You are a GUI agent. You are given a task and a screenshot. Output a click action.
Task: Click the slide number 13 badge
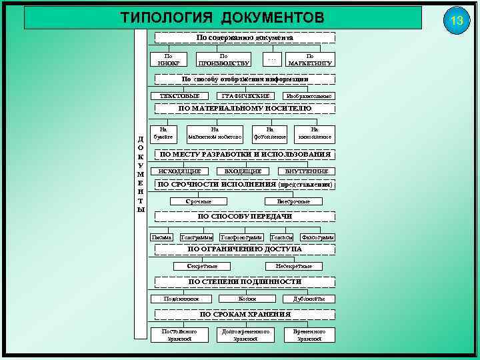coord(457,21)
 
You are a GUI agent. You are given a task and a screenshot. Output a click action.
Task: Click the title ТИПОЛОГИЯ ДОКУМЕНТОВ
coord(223,17)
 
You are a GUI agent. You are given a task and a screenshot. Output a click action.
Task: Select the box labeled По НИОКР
coord(169,59)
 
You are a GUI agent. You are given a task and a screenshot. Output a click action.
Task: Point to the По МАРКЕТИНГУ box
coord(310,59)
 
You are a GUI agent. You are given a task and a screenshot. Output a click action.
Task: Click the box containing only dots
coord(271,59)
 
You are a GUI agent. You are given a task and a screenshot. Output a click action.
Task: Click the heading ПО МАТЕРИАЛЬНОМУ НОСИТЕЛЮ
coord(245,108)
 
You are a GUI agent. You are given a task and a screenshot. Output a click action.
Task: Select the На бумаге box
coord(163,133)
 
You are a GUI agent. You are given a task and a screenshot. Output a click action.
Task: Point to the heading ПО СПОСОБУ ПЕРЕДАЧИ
coord(245,217)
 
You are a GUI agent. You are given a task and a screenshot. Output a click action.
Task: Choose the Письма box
coord(162,237)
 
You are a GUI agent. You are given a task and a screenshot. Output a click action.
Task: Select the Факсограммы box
coord(317,237)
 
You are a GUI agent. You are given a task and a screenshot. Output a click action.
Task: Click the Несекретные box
coord(293,266)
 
